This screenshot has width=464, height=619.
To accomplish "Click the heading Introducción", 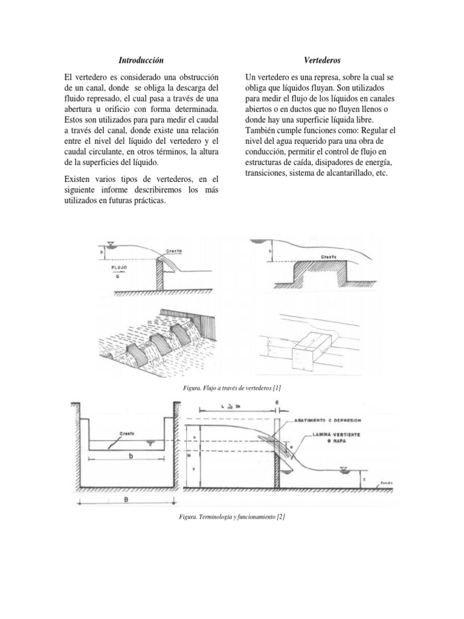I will (x=140, y=60).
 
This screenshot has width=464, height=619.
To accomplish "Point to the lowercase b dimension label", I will (x=130, y=458).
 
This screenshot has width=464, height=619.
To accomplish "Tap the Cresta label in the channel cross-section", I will (x=125, y=433).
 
